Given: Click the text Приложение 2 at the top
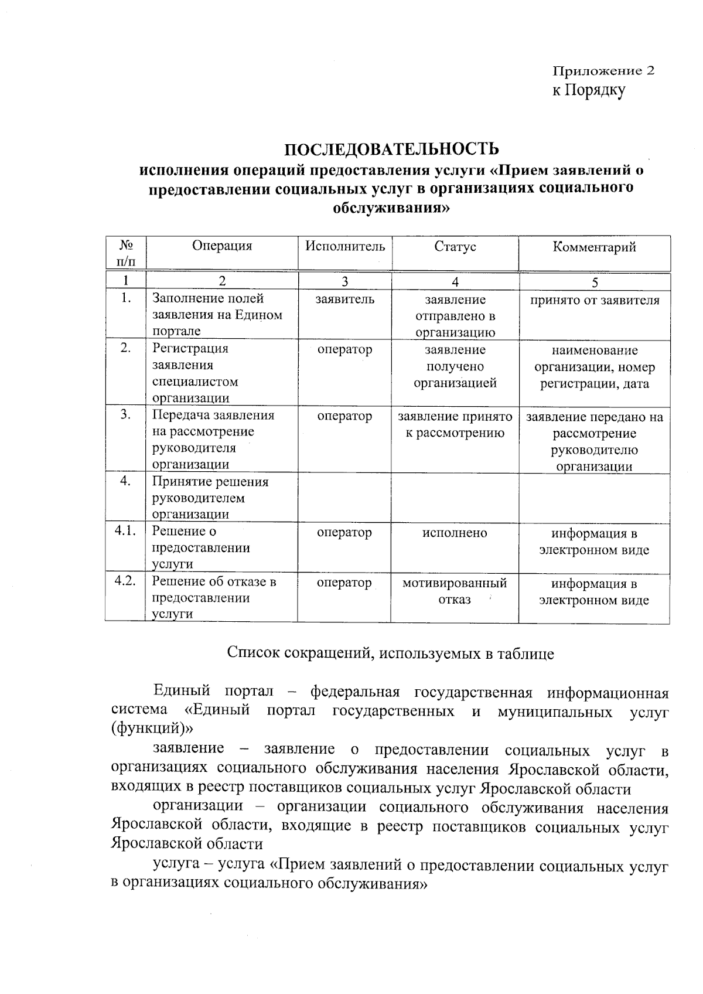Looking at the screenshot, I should click(x=603, y=71).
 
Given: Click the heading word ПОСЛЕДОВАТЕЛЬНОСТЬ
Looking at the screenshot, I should click(x=392, y=149).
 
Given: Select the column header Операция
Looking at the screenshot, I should click(x=222, y=246).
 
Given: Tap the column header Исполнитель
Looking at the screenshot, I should click(x=345, y=246).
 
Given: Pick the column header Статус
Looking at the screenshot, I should click(x=455, y=247).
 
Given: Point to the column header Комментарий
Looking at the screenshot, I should click(x=594, y=247).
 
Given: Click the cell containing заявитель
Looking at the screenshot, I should click(x=345, y=299).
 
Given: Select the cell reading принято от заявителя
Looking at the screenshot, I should click(x=595, y=301).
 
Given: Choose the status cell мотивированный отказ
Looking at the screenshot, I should click(x=455, y=591).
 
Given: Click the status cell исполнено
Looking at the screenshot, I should click(x=455, y=533).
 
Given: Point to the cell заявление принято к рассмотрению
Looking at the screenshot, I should click(x=455, y=425).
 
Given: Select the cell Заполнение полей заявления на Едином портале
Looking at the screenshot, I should click(x=217, y=315).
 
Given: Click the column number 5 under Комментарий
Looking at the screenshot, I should click(x=595, y=282).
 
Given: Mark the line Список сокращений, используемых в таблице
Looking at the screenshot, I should click(x=390, y=653).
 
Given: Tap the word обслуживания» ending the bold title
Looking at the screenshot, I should click(x=392, y=207).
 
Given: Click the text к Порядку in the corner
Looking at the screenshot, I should click(x=589, y=90).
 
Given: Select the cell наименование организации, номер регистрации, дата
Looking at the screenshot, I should click(x=595, y=367).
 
